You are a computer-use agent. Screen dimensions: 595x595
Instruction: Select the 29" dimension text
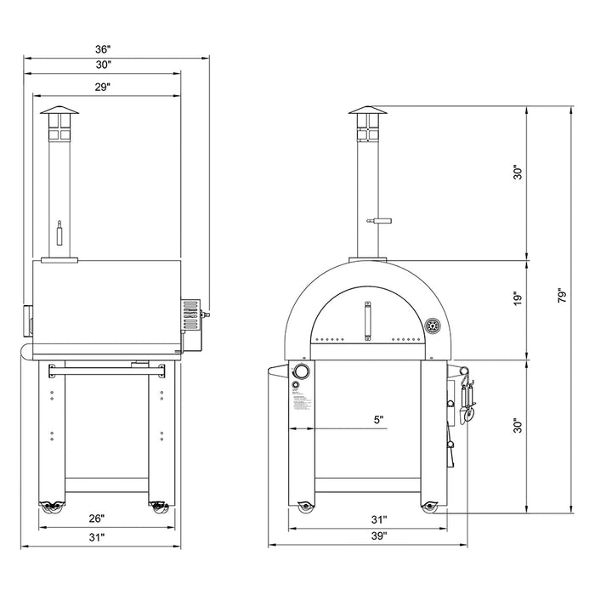pos(103,88)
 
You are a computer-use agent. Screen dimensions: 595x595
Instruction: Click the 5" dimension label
pos(378,419)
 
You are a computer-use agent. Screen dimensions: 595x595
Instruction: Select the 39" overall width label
pos(379,536)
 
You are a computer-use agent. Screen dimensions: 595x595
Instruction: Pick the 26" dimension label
pos(96,518)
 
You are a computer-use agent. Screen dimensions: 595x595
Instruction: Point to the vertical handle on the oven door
pos(368,321)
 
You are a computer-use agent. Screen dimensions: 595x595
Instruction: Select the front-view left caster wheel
pos(303,507)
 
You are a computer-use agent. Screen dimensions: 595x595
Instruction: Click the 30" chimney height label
pos(515,173)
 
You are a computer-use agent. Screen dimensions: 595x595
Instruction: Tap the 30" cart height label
pos(515,428)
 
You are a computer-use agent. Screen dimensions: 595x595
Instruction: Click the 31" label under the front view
pos(379,518)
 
